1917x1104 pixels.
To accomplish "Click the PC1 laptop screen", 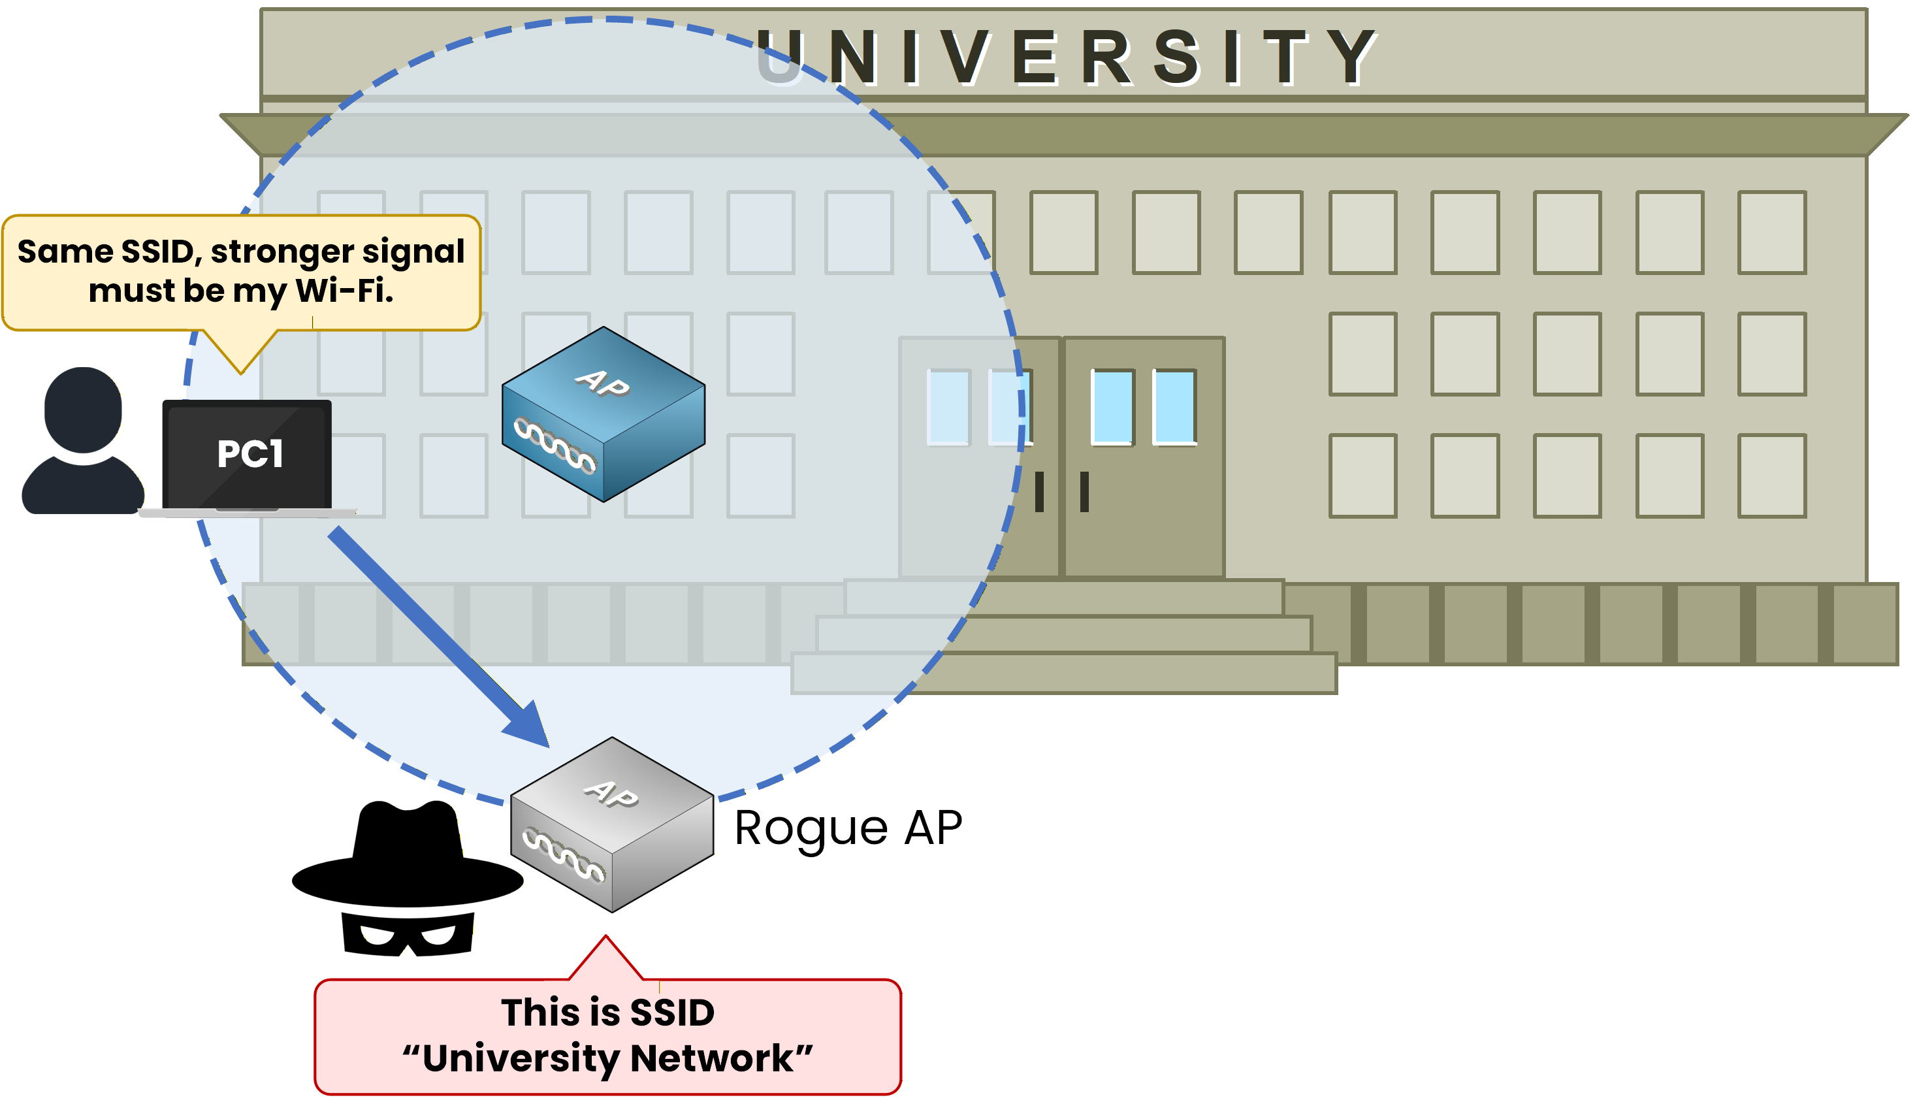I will coord(247,454).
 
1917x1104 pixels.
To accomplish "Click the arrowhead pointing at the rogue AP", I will coord(530,728).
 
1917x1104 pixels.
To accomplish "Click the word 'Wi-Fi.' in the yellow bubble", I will coord(344,291).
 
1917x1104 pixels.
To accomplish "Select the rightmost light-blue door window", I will coord(1174,406).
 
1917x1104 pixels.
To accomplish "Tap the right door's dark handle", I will coord(1084,491).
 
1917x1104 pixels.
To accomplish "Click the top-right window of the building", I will coord(1771,233).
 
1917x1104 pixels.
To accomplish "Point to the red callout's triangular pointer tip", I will coord(605,939).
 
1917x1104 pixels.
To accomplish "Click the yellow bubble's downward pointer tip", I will coord(240,372).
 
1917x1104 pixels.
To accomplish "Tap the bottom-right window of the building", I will coord(1771,476).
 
